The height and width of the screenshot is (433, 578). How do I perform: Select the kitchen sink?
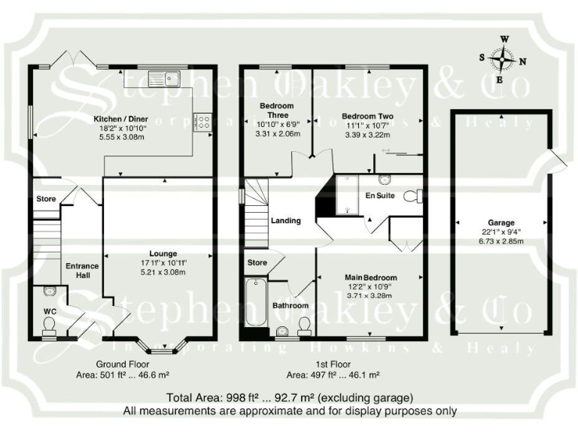(163, 76)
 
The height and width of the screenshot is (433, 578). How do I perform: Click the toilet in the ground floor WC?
(50, 324)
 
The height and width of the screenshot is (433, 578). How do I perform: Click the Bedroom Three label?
(276, 111)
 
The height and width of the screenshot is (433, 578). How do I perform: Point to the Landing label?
(286, 221)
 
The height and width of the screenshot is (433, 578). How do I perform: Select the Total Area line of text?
(290, 397)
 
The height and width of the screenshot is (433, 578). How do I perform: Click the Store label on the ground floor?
(47, 199)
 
